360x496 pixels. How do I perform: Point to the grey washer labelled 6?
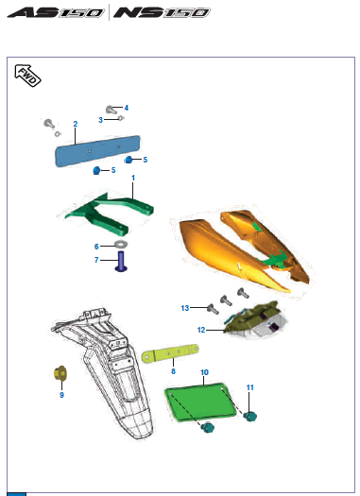(x=121, y=246)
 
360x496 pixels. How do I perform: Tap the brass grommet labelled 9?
(x=59, y=375)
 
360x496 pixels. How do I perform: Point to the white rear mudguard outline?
(x=104, y=378)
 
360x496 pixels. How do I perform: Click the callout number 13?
(x=186, y=307)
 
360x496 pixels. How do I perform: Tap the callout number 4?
(x=127, y=108)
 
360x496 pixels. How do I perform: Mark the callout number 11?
(x=250, y=387)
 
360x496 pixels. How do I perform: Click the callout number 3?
(x=101, y=119)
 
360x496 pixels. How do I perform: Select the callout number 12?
(x=201, y=330)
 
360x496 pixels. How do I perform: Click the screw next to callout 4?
(x=112, y=110)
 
